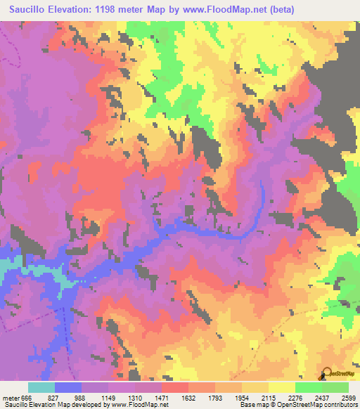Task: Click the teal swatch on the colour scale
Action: point(41,387)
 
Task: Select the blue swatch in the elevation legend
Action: point(67,387)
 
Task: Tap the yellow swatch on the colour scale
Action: point(281,387)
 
